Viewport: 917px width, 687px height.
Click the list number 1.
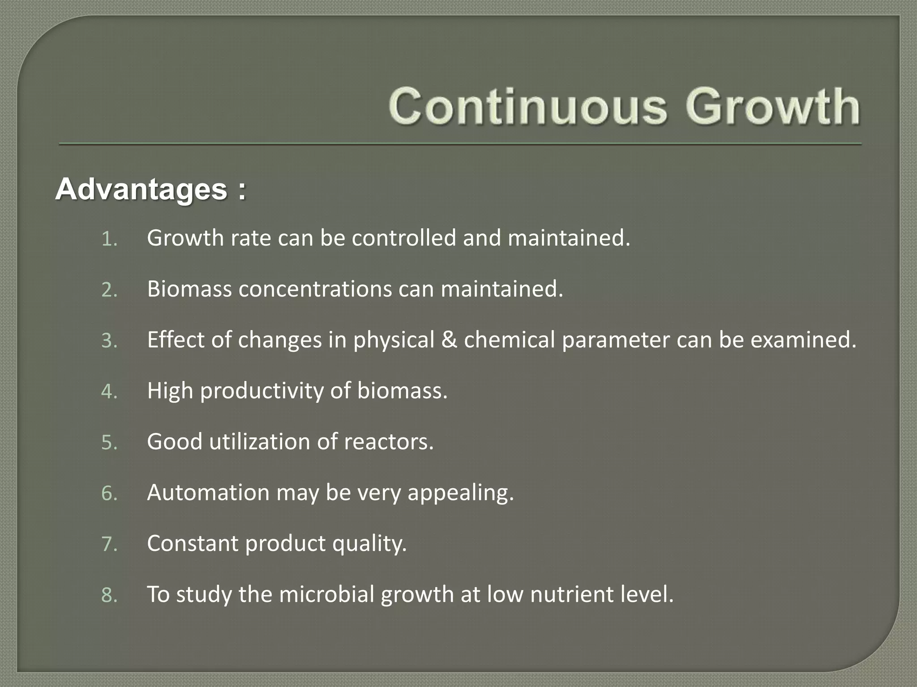coord(109,239)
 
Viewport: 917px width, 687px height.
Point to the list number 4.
coord(109,392)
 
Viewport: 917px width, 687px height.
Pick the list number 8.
coord(109,596)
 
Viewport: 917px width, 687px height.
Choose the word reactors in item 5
coord(389,441)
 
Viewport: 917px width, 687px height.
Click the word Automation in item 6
coord(208,492)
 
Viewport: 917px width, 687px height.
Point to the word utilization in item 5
coord(260,441)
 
